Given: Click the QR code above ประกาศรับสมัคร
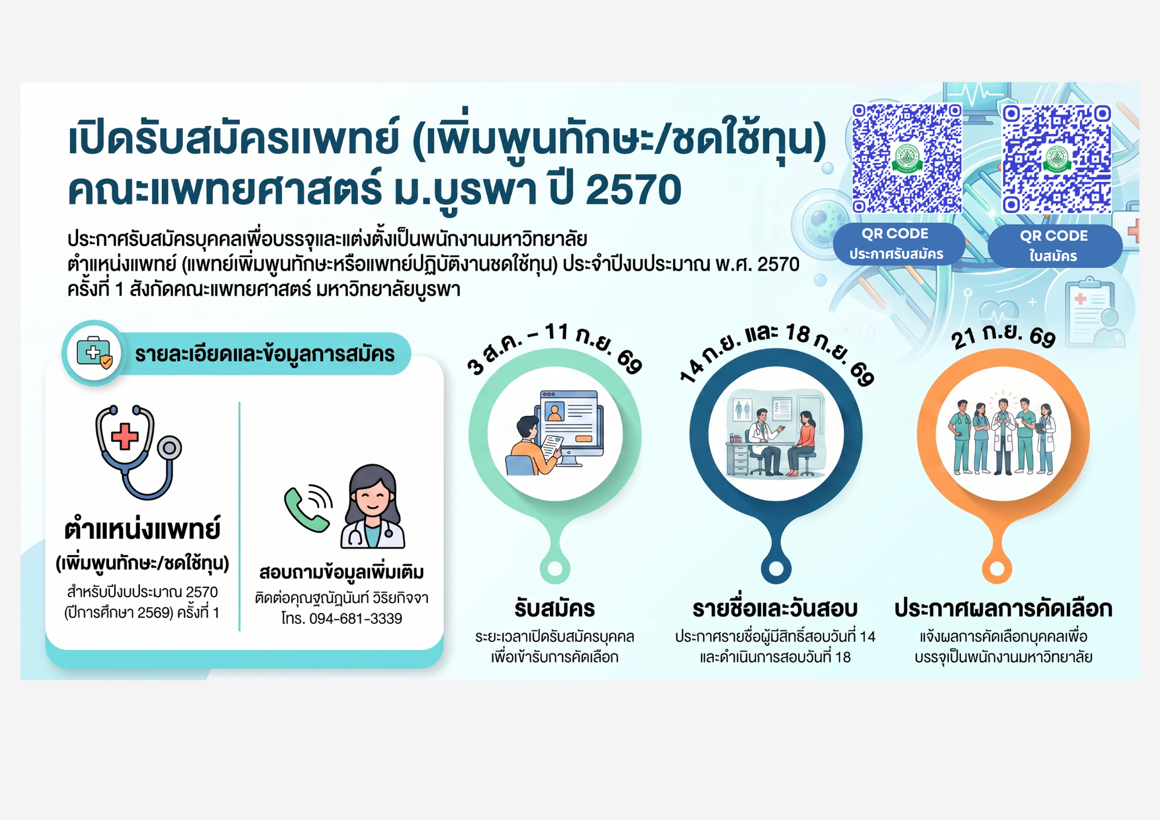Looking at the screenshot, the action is [x=907, y=158].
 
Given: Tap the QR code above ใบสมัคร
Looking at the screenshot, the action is [x=1057, y=159].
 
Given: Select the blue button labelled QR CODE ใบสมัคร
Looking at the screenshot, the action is [x=1054, y=246].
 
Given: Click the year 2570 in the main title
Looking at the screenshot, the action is [x=633, y=190].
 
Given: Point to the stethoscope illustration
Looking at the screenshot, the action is [x=138, y=452].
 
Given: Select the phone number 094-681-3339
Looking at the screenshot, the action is [x=356, y=619].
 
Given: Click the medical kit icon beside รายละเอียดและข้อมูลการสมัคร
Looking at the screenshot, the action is [x=95, y=353].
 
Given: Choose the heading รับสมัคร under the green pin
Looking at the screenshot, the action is [x=554, y=608].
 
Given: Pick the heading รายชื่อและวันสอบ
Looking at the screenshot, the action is [x=775, y=608].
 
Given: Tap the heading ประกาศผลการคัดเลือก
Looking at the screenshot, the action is [x=1003, y=608].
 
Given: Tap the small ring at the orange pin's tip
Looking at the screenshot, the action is [x=997, y=569].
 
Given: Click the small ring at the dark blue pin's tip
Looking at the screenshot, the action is [x=775, y=569].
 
